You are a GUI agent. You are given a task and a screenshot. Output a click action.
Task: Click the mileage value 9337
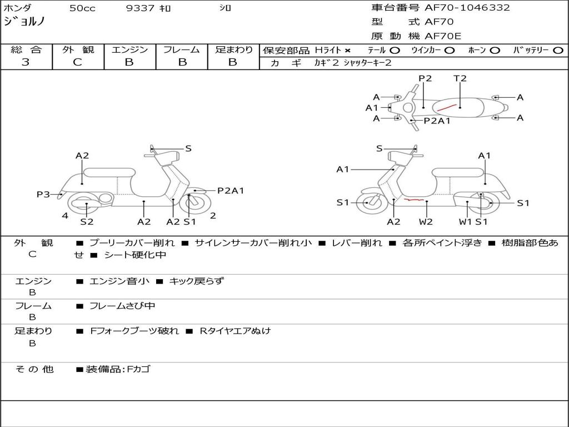tap(141, 8)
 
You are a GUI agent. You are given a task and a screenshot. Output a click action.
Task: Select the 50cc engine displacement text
tap(82, 8)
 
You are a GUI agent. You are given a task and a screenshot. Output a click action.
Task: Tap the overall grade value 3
tap(26, 62)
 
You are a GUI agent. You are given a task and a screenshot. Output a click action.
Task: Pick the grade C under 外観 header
tap(77, 62)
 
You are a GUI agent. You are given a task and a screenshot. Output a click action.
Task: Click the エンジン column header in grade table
tap(129, 49)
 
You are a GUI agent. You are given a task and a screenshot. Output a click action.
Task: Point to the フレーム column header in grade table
tap(182, 49)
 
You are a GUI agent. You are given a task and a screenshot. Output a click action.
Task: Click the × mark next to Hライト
tap(348, 50)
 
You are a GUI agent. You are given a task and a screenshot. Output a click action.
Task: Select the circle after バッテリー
tap(558, 50)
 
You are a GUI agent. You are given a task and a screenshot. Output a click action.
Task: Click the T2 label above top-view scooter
tap(460, 78)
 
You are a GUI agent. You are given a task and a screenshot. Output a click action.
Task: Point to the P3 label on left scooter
tap(43, 194)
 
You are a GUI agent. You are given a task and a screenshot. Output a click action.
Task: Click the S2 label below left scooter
tap(87, 222)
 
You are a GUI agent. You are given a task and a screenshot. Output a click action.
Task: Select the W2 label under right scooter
tap(426, 222)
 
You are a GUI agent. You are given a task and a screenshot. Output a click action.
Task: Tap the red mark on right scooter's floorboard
tap(415, 199)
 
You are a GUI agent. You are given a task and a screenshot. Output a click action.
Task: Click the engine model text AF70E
tap(443, 37)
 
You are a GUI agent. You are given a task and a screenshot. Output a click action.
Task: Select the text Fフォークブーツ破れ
tap(134, 331)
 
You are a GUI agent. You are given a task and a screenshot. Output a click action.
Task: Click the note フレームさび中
tap(122, 306)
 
